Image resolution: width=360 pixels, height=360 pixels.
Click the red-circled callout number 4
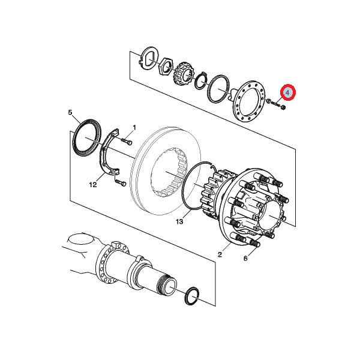(x=287, y=92)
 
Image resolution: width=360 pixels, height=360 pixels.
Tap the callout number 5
(x=70, y=113)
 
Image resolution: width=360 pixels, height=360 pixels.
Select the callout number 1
(x=134, y=127)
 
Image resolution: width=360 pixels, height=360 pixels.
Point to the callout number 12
(x=93, y=185)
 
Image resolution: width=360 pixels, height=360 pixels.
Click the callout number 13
(x=179, y=221)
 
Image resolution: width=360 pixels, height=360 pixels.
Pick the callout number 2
(x=220, y=254)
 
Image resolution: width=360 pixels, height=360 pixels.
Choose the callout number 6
(x=245, y=259)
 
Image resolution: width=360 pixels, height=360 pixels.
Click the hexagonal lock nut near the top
(x=166, y=67)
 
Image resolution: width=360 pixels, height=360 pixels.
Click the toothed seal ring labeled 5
(x=87, y=138)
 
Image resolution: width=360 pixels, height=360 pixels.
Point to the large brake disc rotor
(x=166, y=170)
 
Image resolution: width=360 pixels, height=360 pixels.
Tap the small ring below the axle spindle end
(x=192, y=296)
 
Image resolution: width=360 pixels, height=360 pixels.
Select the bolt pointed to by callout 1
(x=126, y=141)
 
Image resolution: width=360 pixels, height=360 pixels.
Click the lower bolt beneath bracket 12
(x=121, y=183)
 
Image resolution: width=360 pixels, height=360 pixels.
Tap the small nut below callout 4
(x=283, y=107)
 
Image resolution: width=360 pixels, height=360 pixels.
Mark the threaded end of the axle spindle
(x=164, y=285)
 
